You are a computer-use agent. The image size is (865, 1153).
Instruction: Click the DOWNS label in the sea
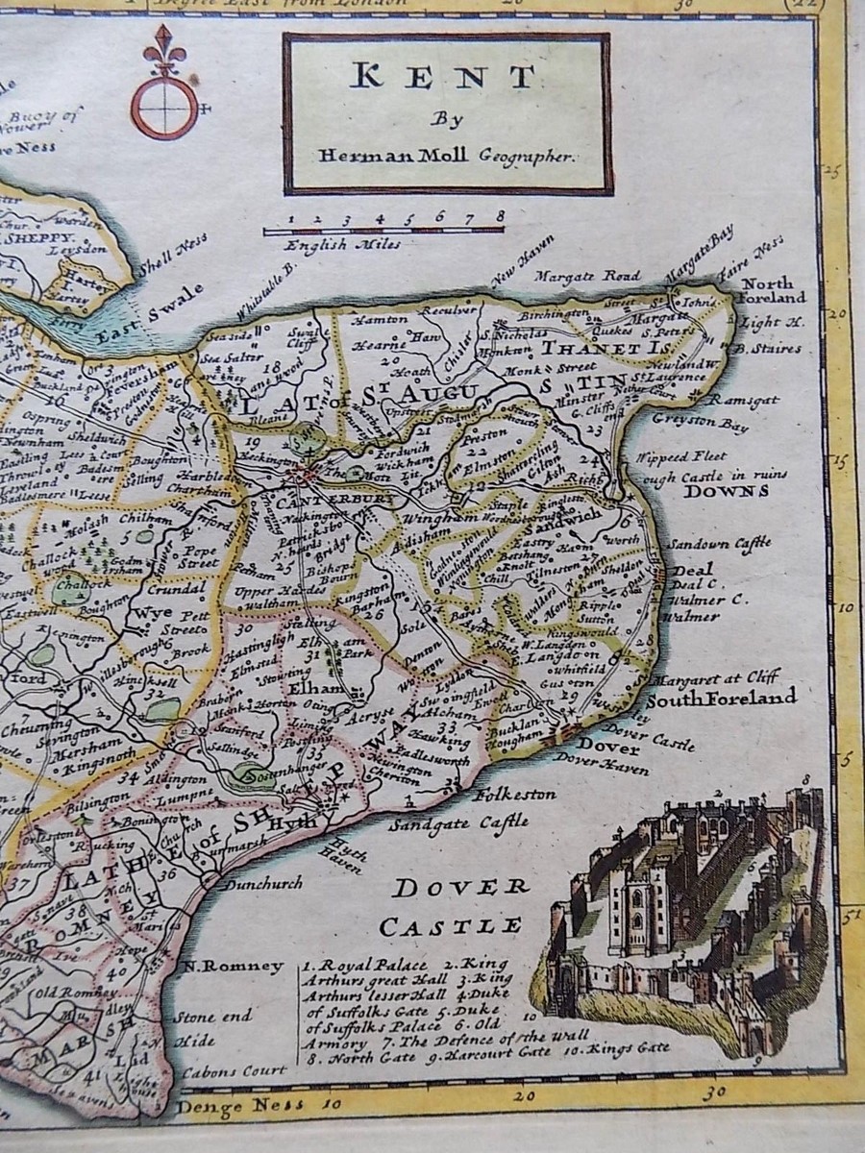point(728,491)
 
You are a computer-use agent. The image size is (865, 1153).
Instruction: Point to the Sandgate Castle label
point(458,822)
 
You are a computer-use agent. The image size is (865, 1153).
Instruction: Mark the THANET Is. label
point(589,348)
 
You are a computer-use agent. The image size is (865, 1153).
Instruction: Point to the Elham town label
point(322,689)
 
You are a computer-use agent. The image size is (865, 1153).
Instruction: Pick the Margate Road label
point(587,278)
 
